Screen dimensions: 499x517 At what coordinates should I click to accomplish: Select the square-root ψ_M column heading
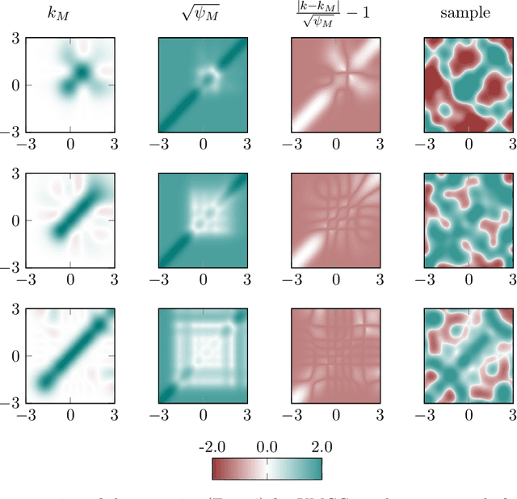pos(203,12)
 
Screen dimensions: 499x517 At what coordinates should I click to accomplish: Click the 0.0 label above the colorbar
pos(267,447)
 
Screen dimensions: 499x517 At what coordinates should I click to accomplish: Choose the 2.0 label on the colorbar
pos(321,447)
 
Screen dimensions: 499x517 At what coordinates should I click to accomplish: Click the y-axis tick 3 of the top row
pos(15,38)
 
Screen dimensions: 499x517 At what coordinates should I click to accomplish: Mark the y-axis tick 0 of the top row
pos(15,84)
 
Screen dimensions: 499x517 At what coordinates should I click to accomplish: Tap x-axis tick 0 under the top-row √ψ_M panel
pos(203,144)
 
